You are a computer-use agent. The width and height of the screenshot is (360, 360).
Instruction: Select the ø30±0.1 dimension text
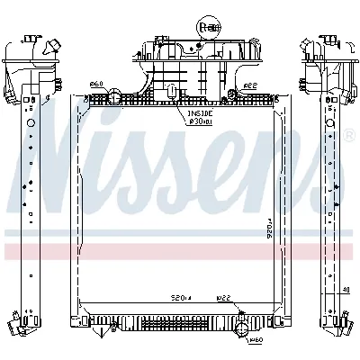point(200,124)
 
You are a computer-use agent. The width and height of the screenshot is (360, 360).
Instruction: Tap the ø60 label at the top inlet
point(96,85)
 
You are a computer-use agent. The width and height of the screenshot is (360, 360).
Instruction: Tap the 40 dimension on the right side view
point(347,290)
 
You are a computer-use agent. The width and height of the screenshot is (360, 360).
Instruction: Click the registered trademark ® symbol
point(348,136)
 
